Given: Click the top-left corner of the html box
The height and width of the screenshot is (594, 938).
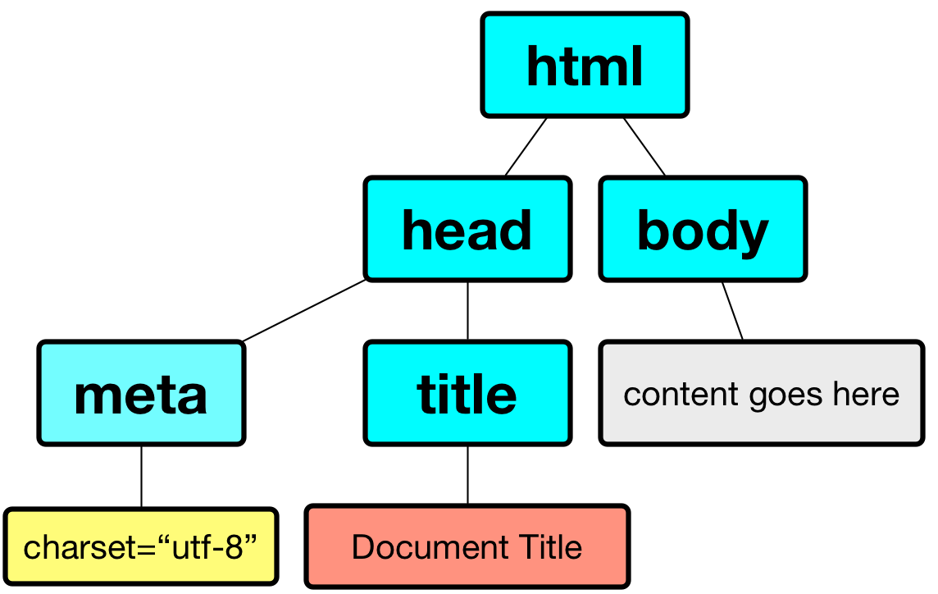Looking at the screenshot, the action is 482,13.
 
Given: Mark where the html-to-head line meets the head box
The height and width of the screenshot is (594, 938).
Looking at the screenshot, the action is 506,176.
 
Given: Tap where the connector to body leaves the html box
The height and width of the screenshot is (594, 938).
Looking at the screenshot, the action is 624,118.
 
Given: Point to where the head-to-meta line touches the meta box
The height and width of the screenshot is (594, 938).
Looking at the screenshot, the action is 243,341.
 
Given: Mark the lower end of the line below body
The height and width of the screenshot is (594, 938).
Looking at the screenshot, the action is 743,340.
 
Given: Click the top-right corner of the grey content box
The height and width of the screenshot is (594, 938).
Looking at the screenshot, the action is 923,341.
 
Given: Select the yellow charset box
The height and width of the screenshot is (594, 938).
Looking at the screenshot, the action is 141,546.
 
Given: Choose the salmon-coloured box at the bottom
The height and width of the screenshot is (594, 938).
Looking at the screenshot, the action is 467,546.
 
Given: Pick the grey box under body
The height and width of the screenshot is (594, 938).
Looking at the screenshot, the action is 763,393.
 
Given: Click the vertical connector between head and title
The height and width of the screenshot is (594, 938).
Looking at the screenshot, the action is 468,311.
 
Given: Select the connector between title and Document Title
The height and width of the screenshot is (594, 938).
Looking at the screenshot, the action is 468,475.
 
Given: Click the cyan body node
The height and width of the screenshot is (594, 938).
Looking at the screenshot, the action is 703,229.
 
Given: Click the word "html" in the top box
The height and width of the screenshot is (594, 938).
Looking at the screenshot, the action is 585,66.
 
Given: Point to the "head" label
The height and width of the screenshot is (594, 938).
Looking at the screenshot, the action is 467,231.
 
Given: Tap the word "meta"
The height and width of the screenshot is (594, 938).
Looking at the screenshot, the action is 141,395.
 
